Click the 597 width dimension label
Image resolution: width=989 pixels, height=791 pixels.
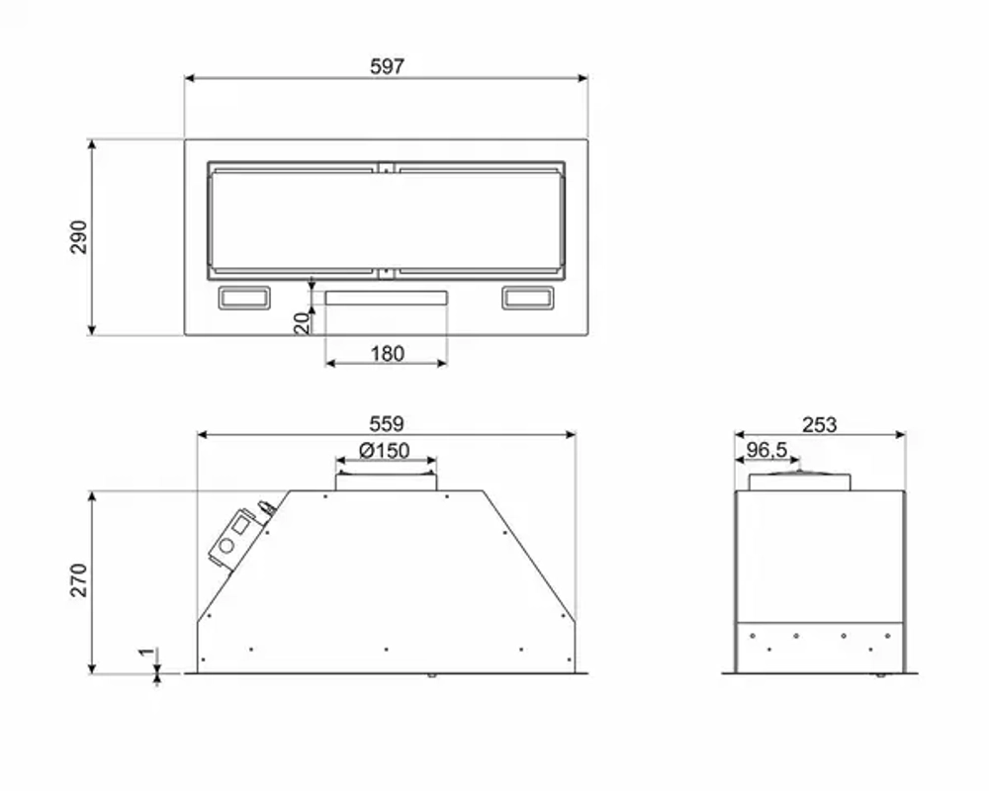click(x=387, y=66)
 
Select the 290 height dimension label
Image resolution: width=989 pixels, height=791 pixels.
click(x=78, y=237)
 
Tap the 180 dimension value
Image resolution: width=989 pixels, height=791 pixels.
click(x=387, y=354)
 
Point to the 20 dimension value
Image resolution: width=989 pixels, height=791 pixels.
click(x=303, y=322)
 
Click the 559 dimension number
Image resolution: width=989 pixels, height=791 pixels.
click(x=386, y=424)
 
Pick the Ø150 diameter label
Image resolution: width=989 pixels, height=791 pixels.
click(x=384, y=451)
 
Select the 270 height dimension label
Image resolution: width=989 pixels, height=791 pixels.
click(x=78, y=580)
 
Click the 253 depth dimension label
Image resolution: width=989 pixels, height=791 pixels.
click(x=819, y=425)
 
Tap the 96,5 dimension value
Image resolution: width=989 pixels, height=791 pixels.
click(x=766, y=450)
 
